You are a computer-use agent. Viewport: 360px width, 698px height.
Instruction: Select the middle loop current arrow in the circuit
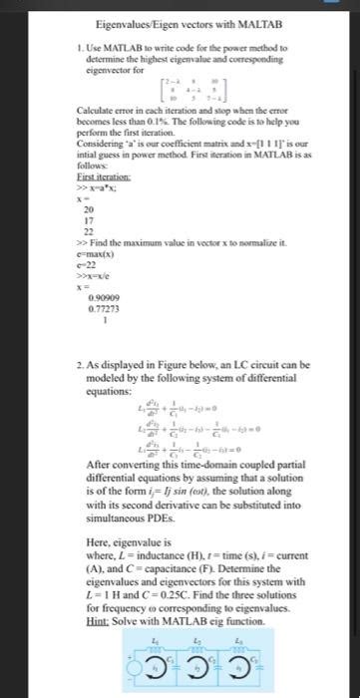click(198, 669)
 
